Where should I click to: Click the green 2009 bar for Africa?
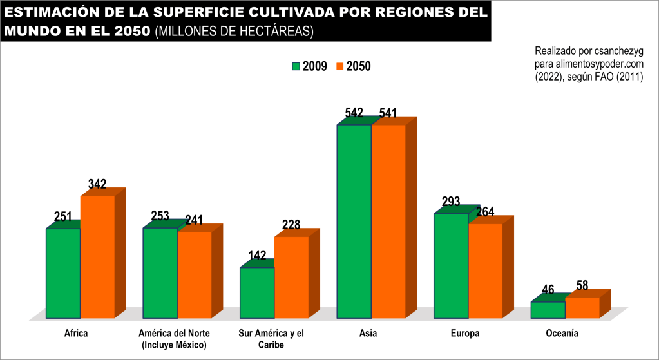click(63, 273)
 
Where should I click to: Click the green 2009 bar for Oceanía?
click(548, 310)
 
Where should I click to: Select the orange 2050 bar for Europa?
click(485, 270)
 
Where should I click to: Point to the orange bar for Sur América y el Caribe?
click(291, 277)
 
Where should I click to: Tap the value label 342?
click(97, 184)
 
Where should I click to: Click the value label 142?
click(257, 256)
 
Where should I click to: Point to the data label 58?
click(582, 285)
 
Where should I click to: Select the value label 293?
click(451, 202)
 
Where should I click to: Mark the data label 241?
click(195, 220)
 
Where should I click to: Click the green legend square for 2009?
click(296, 66)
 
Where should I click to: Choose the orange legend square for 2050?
click(339, 66)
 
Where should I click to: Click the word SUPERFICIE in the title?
click(208, 13)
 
